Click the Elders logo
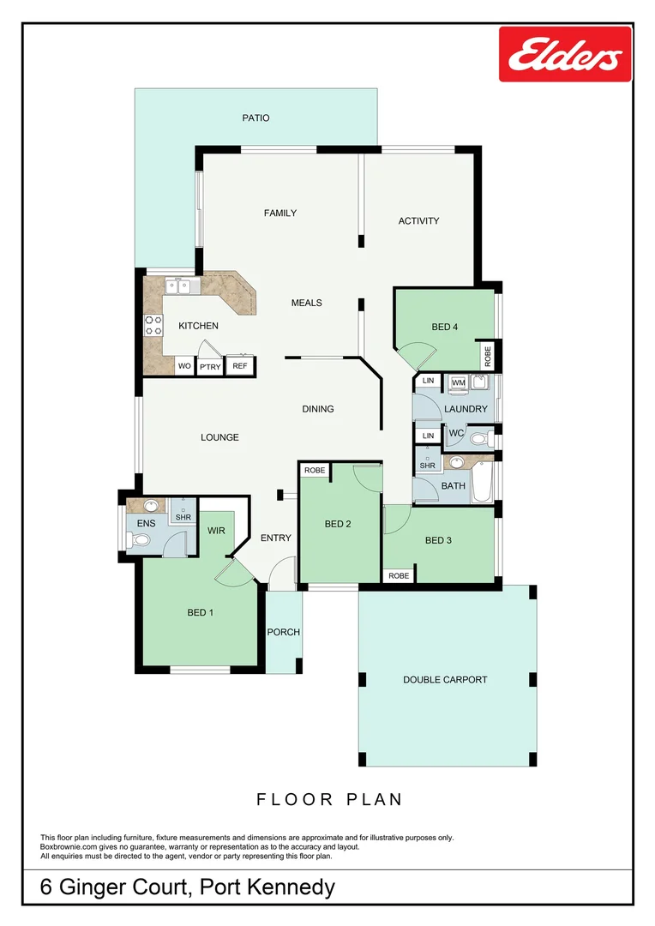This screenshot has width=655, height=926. coord(565,54)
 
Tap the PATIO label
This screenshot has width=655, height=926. coord(255,117)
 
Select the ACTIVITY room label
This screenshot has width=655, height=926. coord(418,220)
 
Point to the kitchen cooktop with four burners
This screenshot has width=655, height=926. coord(153,325)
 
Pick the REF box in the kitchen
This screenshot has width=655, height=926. coord(240,366)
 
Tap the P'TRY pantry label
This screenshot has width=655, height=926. coord(209,367)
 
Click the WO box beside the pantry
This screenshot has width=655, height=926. coord(184,366)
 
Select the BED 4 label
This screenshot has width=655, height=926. coord(444,326)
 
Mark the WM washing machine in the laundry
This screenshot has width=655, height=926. coord(459,382)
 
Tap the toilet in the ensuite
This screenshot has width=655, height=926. coord(140,540)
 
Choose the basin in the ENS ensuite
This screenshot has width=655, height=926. coord(151,505)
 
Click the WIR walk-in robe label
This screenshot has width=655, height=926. coord(216,531)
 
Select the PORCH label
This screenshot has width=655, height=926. coord(283,632)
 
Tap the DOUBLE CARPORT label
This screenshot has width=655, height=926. coord(445,679)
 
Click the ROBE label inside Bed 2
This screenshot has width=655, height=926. coord(315,471)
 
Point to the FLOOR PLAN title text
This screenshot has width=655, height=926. coord(329,799)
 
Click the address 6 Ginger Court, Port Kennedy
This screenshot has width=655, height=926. coord(188,887)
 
